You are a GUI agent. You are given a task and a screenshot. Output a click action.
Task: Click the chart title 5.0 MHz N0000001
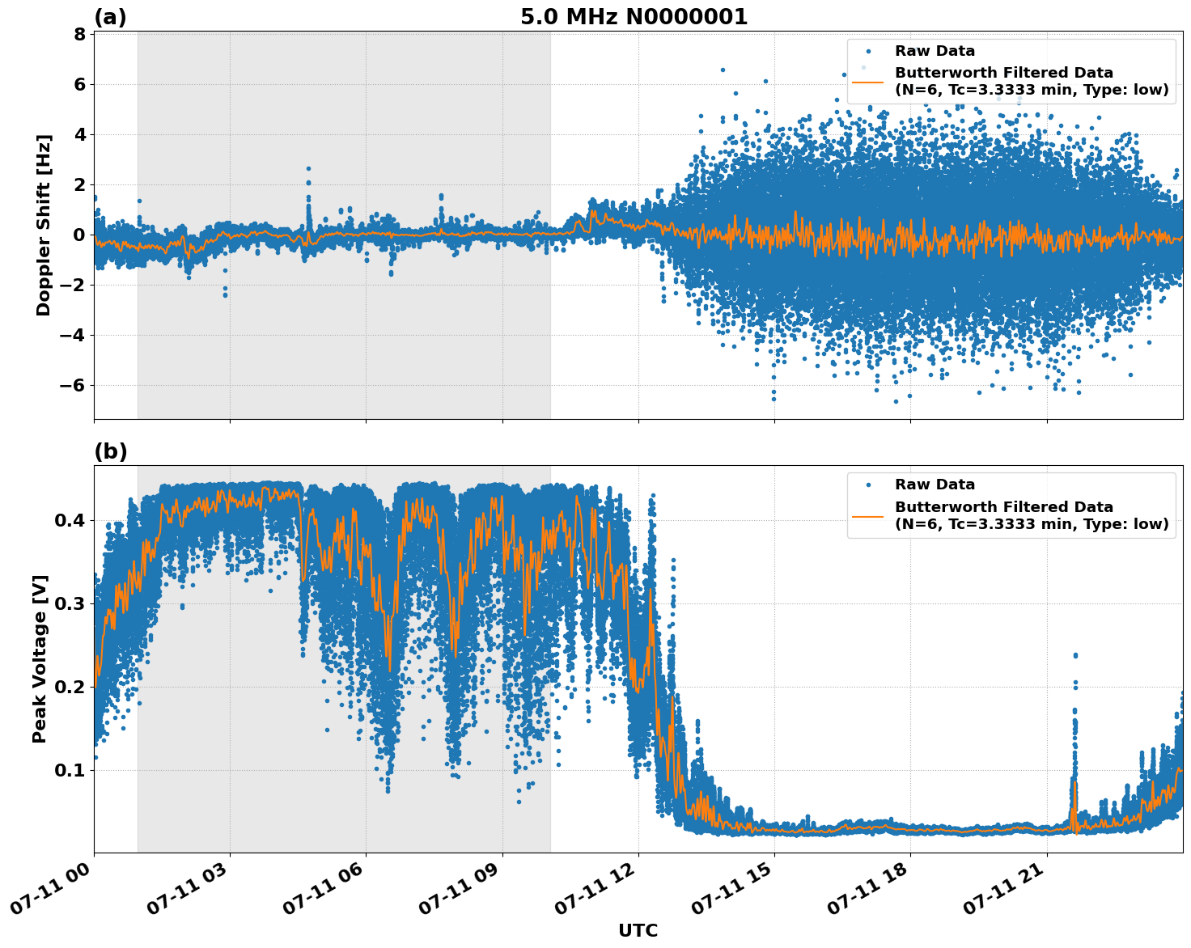point(634,17)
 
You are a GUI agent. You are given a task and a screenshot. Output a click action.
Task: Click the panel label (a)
point(110,17)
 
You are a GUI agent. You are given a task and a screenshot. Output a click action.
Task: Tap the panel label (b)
point(111,451)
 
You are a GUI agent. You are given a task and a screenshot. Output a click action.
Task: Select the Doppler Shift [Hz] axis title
point(44,225)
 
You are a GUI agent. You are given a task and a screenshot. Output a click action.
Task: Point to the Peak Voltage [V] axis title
point(40,658)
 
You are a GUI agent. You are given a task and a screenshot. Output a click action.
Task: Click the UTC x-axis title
point(638,930)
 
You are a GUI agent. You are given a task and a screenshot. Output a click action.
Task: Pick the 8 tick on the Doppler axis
point(79,34)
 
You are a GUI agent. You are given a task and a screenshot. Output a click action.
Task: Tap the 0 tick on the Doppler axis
point(79,235)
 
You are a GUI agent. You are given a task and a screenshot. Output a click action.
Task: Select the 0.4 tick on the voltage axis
point(70,520)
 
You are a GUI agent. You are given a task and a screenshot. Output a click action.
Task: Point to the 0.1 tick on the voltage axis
point(70,770)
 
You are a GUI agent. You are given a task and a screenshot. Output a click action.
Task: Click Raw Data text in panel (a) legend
point(935,51)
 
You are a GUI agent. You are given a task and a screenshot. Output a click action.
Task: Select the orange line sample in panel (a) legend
point(868,81)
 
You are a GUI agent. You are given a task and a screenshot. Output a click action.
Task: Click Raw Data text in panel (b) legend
point(935,485)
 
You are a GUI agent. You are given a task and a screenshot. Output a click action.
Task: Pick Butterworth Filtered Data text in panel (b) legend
point(1003,507)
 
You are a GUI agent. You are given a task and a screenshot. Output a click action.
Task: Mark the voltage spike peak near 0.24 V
point(1075,655)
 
